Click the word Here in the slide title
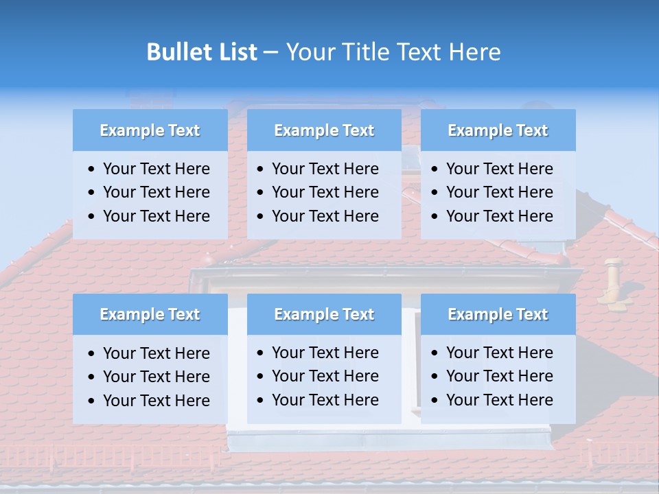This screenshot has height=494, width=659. [474, 52]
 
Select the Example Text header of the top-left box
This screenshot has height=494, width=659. [150, 130]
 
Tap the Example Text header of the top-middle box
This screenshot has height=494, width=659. [324, 130]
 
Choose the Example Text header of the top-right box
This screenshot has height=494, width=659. [498, 130]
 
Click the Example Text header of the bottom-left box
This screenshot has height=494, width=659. [150, 314]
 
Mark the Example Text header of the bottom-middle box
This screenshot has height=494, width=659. [324, 314]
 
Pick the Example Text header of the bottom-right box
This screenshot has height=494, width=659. [498, 314]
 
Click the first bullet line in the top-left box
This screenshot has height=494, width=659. [156, 169]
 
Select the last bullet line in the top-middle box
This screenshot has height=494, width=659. [325, 216]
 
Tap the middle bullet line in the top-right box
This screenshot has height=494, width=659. [499, 192]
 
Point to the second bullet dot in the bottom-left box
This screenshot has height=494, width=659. [92, 377]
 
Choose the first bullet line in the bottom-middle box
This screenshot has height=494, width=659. [325, 353]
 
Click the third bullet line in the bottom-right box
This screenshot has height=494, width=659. [499, 400]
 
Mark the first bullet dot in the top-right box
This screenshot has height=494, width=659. [435, 169]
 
